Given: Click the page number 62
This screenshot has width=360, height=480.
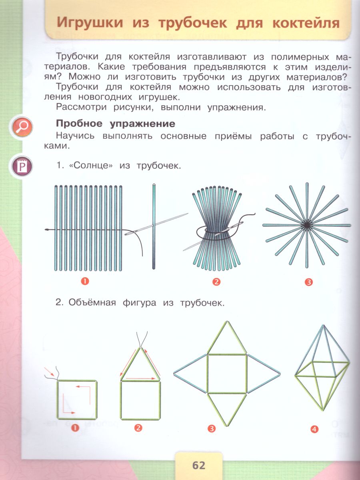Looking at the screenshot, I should pos(198,466).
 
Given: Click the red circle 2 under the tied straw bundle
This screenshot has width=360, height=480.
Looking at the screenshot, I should pos(216,282).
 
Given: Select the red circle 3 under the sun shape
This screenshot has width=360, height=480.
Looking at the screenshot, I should pos(308,282).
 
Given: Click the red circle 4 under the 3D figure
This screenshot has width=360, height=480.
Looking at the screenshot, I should pos(314,430).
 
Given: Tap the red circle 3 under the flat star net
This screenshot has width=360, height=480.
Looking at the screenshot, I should pos(212,430).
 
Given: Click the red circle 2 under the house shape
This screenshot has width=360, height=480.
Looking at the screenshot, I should pos(138,428).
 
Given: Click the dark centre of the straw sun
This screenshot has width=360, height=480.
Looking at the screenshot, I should pos(307,225).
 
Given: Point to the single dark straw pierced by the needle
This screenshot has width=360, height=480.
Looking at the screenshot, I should pos(153,248).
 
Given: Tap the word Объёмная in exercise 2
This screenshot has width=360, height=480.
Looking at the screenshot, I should pos(90,303).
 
